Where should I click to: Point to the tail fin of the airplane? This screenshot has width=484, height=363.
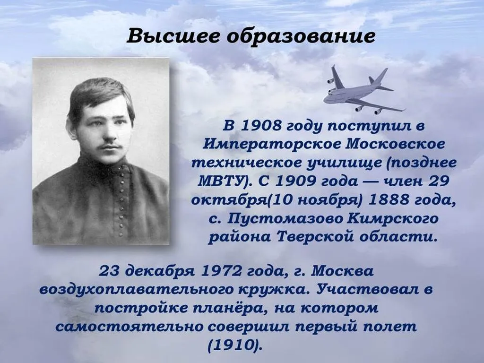click(x=380, y=77)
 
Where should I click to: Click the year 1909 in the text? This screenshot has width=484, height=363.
click(x=296, y=181)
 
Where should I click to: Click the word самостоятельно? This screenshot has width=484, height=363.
click(x=144, y=326)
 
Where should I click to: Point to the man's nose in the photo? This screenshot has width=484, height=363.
click(x=108, y=137)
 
